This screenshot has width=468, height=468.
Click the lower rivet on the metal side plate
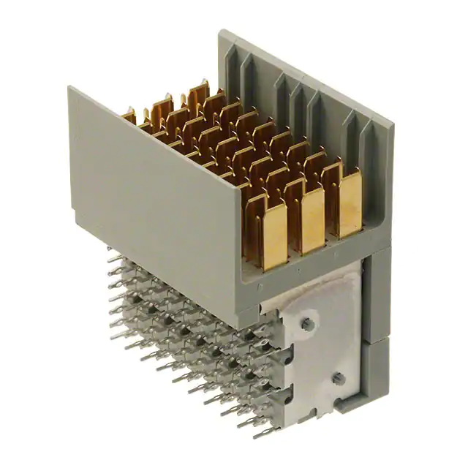point(337,377)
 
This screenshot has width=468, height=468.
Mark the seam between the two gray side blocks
point(376,341)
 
